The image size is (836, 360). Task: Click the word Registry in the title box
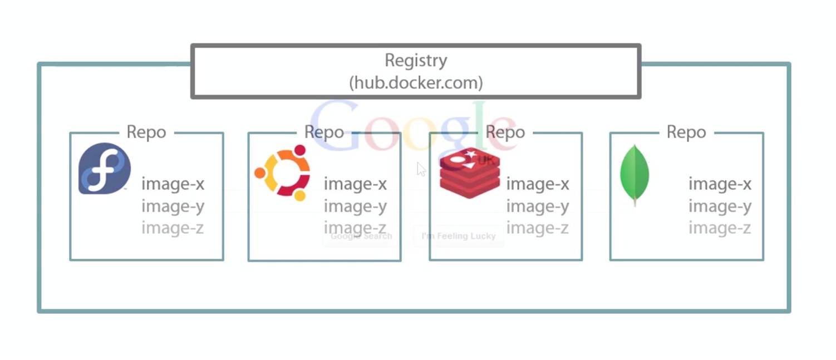pos(415,60)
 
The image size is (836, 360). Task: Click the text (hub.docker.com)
pos(416,83)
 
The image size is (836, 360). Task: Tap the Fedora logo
pos(105,169)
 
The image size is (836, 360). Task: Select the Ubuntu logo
pos(283,173)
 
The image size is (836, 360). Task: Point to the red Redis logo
pos(470,173)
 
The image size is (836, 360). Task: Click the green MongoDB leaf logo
pos(635,174)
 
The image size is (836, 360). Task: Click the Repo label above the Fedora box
pos(146,132)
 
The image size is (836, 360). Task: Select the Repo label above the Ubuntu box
pos(324,132)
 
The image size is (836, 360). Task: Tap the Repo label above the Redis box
pos(505,132)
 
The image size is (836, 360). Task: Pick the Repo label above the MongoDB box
pos(686,132)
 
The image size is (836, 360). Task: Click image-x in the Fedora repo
pos(173,184)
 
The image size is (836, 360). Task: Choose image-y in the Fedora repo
pos(173,206)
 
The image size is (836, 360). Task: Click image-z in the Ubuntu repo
pos(355,228)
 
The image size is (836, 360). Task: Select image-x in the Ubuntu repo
pos(355,184)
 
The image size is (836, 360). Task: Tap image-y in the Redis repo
pos(538,206)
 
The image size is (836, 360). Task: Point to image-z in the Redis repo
pos(538,228)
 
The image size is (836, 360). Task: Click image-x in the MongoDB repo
pos(720,184)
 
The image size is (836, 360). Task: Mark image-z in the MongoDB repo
pos(720,228)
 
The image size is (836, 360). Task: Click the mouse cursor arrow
pos(421,169)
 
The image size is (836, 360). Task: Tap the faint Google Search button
pos(361,236)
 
